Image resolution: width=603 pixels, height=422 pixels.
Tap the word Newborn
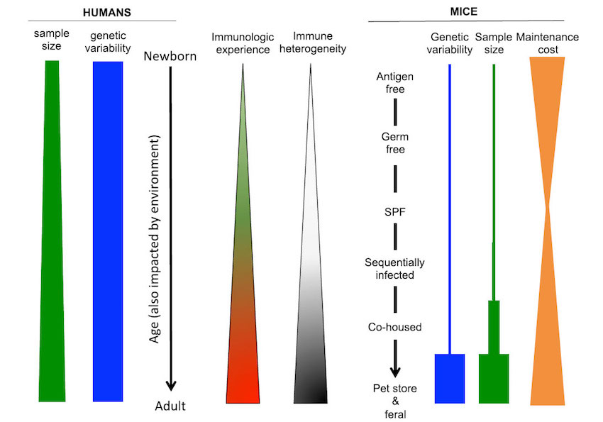pyautogui.click(x=170, y=56)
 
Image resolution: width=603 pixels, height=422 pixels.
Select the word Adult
pyautogui.click(x=170, y=406)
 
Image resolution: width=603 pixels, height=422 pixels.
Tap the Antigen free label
pyautogui.click(x=396, y=84)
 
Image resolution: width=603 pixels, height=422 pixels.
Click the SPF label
pyautogui.click(x=396, y=211)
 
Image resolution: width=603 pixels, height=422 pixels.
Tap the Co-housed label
pyautogui.click(x=395, y=327)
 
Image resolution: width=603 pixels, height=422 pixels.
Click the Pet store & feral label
pyautogui.click(x=396, y=401)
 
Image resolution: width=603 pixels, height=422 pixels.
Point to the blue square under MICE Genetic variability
pyautogui.click(x=449, y=378)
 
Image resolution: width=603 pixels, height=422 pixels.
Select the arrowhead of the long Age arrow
pyautogui.click(x=170, y=386)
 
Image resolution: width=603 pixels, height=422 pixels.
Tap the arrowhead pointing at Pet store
pyautogui.click(x=395, y=370)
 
